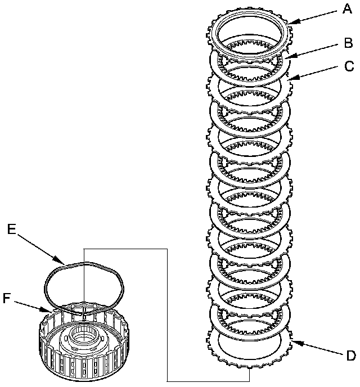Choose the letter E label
pos(11,228)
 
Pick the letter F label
pos(6,298)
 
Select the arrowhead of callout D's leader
pos(291,339)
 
